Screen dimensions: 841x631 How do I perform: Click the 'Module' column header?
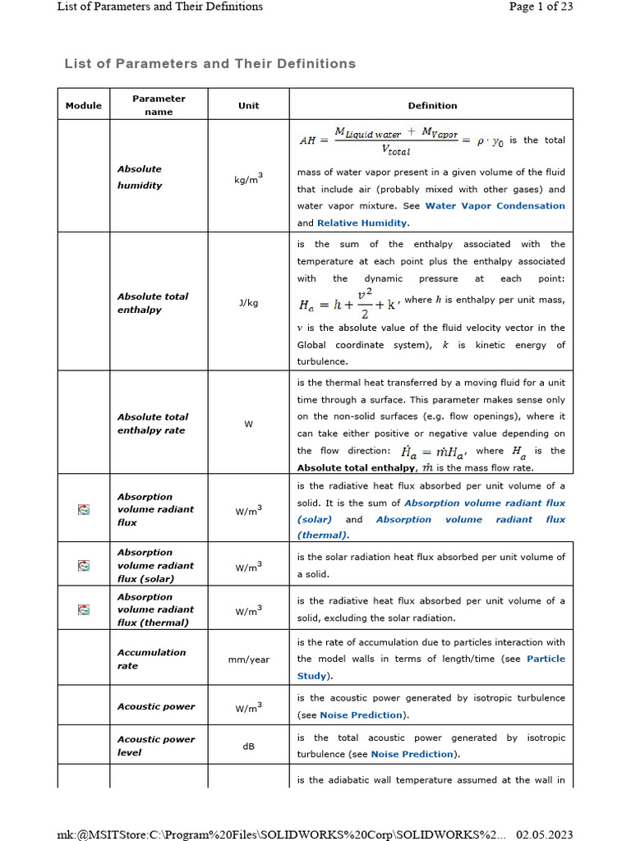(84, 105)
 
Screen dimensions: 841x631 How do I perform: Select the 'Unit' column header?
(248, 105)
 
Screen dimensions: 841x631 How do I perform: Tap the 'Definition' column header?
(432, 105)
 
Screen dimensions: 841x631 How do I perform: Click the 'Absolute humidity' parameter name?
(140, 177)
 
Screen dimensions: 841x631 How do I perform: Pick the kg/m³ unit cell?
(248, 179)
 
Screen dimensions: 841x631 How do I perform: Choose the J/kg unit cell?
(248, 302)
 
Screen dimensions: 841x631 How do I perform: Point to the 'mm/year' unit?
(248, 659)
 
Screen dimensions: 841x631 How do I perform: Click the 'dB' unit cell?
(248, 747)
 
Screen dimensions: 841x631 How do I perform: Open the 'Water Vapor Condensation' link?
(495, 206)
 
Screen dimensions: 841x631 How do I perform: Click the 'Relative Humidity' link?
(362, 223)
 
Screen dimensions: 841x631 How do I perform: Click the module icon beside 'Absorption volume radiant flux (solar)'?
(83, 565)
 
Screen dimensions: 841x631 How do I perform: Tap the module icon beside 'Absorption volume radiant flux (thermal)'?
(83, 609)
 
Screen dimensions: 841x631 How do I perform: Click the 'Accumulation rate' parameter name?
(151, 659)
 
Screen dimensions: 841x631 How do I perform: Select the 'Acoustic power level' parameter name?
(155, 746)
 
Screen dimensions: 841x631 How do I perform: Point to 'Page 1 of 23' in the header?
(541, 7)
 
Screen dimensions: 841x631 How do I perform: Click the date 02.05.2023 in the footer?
(544, 834)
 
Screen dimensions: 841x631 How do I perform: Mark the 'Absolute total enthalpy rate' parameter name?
(152, 423)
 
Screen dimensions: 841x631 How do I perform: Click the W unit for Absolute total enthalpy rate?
(248, 424)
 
